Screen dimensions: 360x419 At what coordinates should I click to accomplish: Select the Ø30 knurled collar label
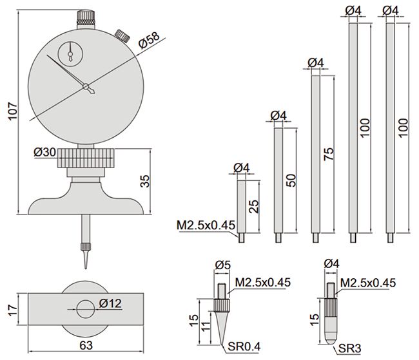45,153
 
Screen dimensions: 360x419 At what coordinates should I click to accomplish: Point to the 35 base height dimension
146,182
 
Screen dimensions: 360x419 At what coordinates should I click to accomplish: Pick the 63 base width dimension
86,345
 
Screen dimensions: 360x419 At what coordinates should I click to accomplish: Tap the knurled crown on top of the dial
86,17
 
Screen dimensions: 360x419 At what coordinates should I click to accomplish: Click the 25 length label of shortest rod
253,207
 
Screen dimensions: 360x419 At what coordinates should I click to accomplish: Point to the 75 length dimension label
328,154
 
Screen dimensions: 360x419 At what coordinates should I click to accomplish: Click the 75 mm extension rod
316,155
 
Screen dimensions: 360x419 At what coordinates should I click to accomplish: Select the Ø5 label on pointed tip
223,264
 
